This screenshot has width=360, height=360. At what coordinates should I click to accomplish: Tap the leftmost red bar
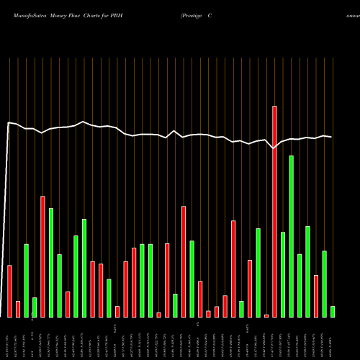[10, 291]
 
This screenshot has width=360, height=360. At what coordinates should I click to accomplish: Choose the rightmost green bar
[332, 311]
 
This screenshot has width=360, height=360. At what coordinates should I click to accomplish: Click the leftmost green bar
[27, 281]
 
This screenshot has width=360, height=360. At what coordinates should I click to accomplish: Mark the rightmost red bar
[315, 296]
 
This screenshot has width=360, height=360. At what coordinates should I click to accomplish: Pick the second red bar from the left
[18, 309]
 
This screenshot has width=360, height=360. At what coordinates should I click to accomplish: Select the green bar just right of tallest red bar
[283, 274]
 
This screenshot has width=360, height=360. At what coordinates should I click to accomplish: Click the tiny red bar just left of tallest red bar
[266, 315]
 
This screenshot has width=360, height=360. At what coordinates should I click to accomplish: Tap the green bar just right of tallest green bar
[299, 285]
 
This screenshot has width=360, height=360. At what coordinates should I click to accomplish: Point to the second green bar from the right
[324, 284]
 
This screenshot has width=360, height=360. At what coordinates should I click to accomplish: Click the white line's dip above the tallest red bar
[274, 148]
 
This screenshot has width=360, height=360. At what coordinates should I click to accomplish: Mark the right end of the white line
[332, 137]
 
